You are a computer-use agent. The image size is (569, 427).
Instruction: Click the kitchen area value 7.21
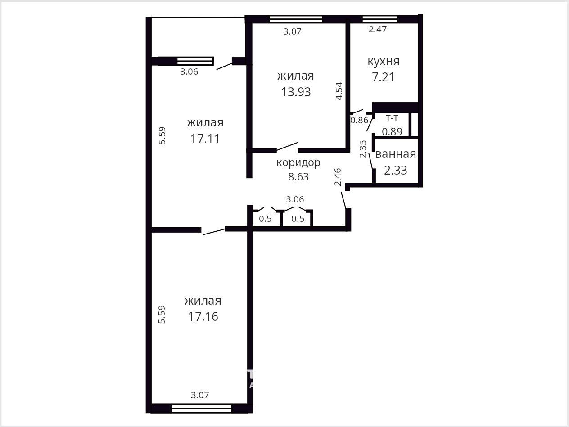(383, 77)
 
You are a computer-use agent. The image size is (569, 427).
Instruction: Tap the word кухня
(384, 62)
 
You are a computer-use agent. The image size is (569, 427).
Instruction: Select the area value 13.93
(296, 92)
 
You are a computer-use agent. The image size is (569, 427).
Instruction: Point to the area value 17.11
(205, 139)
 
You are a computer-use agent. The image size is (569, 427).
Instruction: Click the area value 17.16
(203, 316)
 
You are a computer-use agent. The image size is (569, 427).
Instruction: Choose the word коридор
(298, 163)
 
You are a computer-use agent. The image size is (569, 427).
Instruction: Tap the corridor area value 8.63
(298, 176)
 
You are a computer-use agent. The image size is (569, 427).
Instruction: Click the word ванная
(396, 154)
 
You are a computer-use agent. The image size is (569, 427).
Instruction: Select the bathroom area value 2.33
(396, 170)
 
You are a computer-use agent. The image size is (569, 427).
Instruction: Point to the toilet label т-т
(392, 118)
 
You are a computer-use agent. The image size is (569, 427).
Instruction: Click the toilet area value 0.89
(392, 132)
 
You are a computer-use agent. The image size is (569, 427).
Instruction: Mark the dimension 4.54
(339, 91)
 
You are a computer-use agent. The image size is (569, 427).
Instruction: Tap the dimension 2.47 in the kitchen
(378, 29)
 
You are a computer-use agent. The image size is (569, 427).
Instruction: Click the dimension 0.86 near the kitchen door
(359, 120)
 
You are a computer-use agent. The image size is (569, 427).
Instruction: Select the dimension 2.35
(363, 149)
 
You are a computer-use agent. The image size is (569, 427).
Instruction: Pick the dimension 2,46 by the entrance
(338, 177)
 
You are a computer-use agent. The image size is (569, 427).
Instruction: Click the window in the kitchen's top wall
(380, 19)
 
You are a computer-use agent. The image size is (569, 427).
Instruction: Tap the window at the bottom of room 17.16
(201, 409)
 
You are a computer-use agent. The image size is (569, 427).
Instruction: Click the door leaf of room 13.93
(288, 146)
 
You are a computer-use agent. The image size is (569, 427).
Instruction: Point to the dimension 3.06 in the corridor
(295, 199)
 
